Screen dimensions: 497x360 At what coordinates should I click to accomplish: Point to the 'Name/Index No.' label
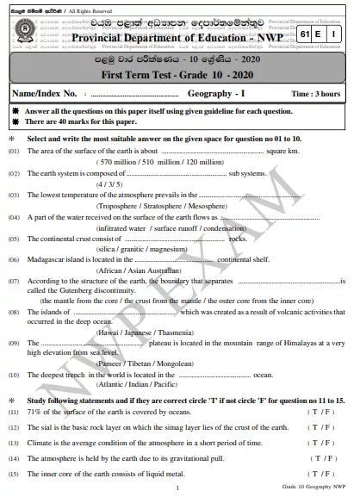(47, 92)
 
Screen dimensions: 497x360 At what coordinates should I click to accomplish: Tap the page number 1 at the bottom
(177, 488)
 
